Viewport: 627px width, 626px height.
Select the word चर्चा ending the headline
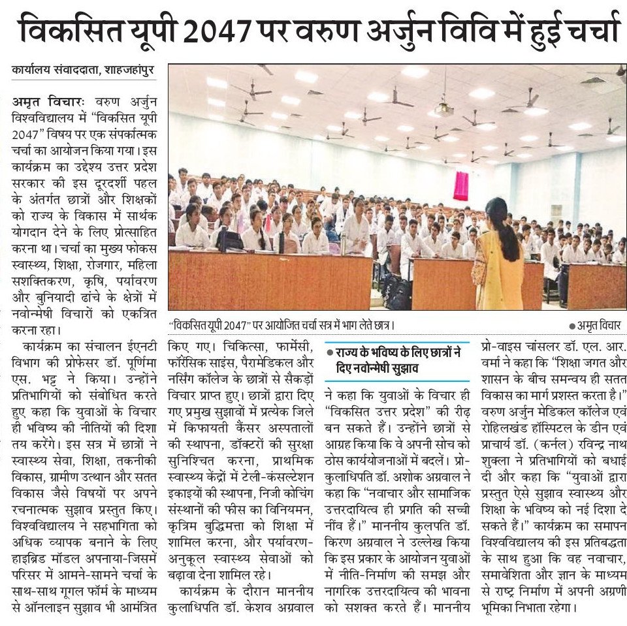coord(586,30)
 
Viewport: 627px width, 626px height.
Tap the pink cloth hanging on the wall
coord(461,185)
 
